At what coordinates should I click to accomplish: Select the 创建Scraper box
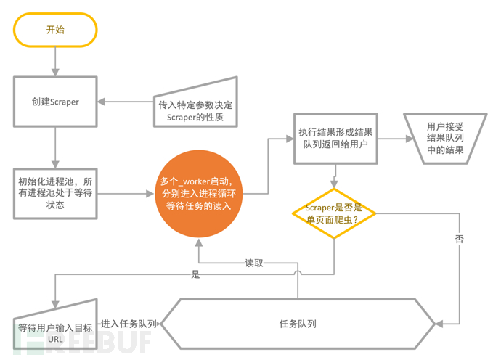55,102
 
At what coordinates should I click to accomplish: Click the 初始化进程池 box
55,193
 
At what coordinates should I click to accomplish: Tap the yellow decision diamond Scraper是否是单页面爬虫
334,213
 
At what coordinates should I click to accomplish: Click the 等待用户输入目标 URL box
55,330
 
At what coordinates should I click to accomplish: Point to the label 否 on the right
459,238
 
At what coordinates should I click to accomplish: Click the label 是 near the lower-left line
195,276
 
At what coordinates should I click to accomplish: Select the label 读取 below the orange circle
253,263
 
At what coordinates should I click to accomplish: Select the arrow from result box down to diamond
334,176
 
